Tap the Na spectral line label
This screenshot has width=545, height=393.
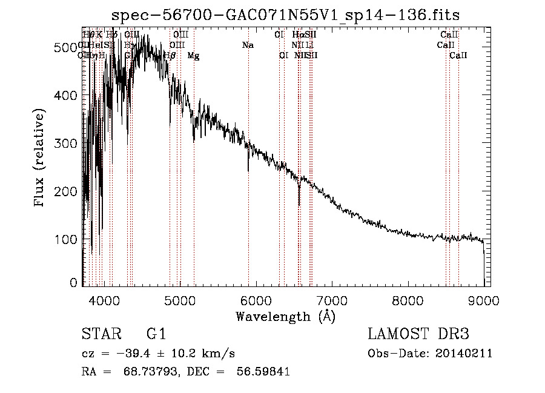point(248,45)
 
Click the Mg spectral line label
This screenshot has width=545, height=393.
point(193,56)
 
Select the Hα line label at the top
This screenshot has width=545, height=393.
point(297,35)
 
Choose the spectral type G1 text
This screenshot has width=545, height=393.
point(156,335)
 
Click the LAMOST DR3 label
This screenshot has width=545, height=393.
point(418,335)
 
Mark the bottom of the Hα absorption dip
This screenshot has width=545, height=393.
point(299,205)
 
